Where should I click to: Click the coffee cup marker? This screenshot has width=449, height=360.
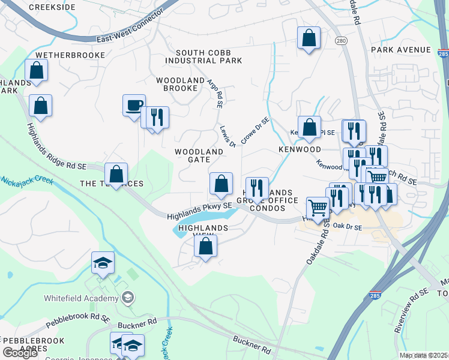pos(133,105)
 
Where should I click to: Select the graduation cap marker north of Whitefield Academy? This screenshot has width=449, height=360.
pos(103,262)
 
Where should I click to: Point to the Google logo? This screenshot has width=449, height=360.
pos(20,353)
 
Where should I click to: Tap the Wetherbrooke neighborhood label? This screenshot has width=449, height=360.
pos(70,55)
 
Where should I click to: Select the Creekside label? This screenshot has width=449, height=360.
pos(52,7)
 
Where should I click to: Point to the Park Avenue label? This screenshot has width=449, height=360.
pos(401,49)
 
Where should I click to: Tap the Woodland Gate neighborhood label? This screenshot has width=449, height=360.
pos(200,156)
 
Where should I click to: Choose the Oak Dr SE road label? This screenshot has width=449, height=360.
pos(348,227)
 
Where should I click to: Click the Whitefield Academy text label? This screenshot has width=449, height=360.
pos(80,298)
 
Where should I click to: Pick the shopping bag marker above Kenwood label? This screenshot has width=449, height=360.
pos(309,127)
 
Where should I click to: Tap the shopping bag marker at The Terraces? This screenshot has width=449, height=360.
pos(116,174)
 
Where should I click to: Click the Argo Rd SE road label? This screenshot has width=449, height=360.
pos(215,94)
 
